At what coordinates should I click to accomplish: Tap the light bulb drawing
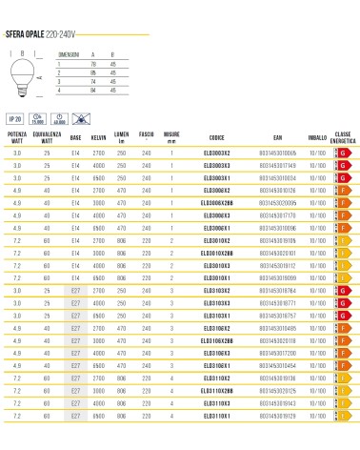click(x=21, y=73)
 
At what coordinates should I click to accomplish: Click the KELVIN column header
click(x=98, y=137)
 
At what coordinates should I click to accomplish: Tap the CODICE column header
click(x=217, y=137)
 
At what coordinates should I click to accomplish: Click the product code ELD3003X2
click(x=217, y=152)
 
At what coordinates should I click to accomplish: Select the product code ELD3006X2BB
click(x=217, y=202)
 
